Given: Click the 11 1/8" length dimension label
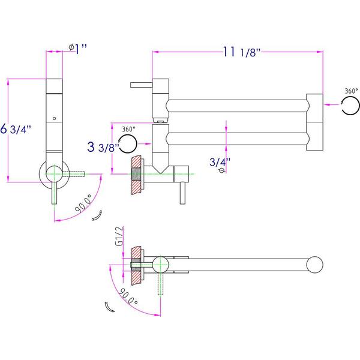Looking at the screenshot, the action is click(242, 52).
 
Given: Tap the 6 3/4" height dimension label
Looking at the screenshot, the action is click(16, 129).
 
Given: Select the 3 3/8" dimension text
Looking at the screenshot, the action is click(103, 147).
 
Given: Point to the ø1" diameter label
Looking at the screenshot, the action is click(78, 49).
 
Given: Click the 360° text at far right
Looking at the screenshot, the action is click(351, 91).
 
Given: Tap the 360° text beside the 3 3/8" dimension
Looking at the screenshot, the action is click(128, 129).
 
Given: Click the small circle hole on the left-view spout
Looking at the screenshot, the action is click(55, 118).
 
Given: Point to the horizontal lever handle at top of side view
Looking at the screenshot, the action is click(141, 85).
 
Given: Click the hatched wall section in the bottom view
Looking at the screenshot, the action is click(136, 266).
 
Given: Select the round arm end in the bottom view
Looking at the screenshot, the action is click(315, 265).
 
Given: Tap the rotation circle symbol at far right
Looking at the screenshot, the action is click(350, 106).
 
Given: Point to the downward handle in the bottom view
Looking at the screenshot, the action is click(160, 284).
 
